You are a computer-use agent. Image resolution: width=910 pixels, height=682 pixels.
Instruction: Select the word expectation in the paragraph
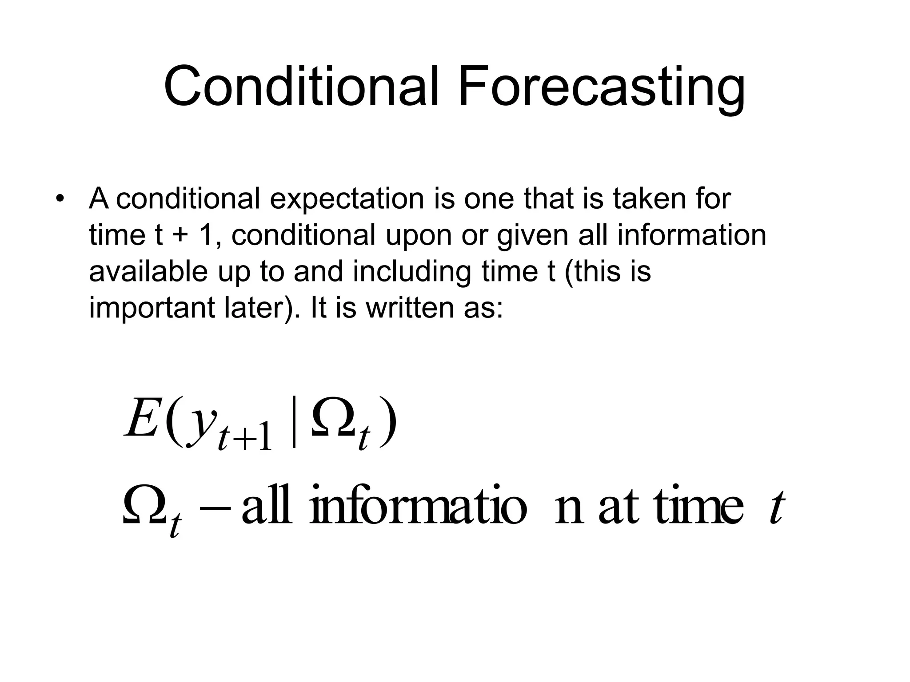pyautogui.click(x=347, y=199)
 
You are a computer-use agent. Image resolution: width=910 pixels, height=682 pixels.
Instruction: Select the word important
pyautogui.click(x=151, y=309)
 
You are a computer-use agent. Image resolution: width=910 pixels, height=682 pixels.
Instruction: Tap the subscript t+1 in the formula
pyautogui.click(x=244, y=437)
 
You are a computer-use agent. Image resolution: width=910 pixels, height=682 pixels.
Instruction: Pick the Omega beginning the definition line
pyautogui.click(x=144, y=506)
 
